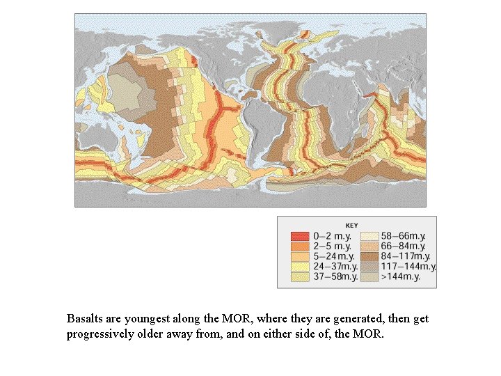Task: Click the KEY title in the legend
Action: (352, 225)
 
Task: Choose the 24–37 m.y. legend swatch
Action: (300, 267)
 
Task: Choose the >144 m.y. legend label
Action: (401, 277)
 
